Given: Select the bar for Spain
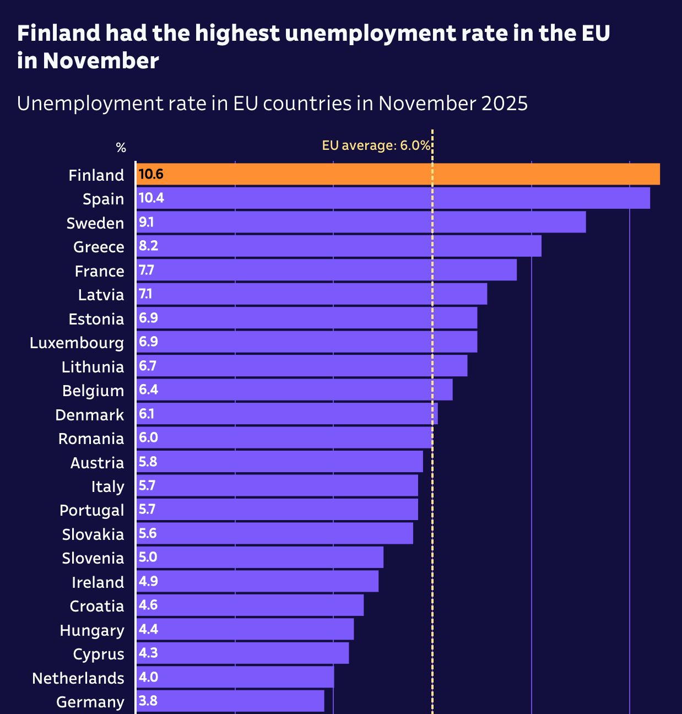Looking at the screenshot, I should tap(393, 198).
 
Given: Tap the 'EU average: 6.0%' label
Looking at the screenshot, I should tap(376, 145).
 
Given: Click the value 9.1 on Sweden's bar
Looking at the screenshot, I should tap(146, 222).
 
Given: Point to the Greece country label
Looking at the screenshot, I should tap(99, 247).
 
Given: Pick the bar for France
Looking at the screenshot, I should tap(326, 270).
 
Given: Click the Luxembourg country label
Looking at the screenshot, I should tap(77, 343).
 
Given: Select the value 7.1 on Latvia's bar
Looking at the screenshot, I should tap(145, 294).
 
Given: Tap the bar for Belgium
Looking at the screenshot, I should tap(294, 390).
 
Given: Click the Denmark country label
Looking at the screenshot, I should tap(89, 415).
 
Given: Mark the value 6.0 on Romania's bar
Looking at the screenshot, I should tap(148, 437).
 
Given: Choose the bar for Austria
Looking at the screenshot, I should tap(279, 462).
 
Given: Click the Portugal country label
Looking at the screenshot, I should tap(91, 510).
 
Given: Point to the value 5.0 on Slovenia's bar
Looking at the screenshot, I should tap(148, 557).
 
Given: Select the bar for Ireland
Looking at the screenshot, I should tap(257, 581).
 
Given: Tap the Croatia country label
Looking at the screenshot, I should tap(96, 606).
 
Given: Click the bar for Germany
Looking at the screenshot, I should tap(230, 701).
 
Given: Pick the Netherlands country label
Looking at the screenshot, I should tap(78, 678).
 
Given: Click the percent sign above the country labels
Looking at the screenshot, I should tap(121, 148).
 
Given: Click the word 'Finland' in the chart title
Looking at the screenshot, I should tap(59, 34).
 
